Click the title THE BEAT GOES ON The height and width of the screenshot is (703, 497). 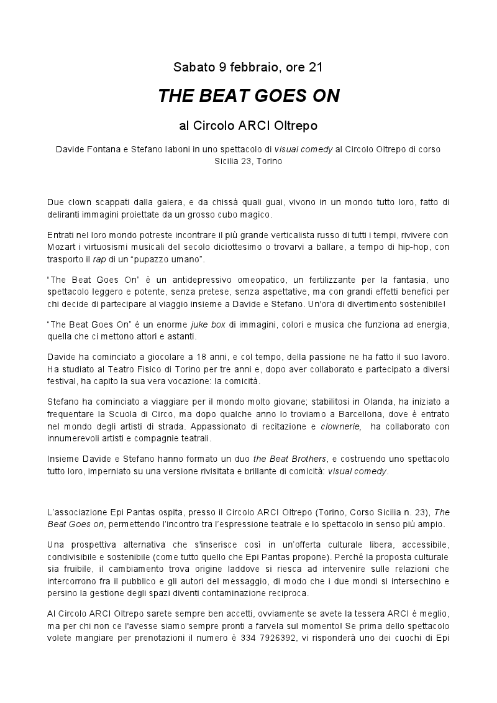click(x=248, y=96)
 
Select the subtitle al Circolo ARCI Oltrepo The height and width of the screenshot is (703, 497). click(x=248, y=126)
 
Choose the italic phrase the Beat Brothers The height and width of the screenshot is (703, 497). click(x=290, y=459)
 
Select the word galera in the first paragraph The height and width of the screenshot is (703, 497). click(x=166, y=202)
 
